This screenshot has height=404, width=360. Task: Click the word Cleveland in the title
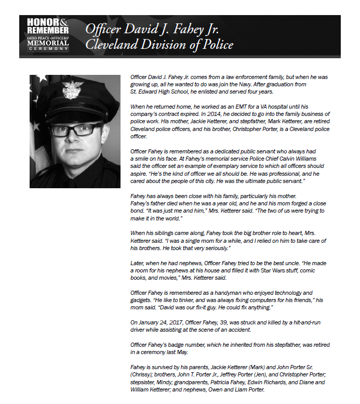(x=110, y=45)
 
